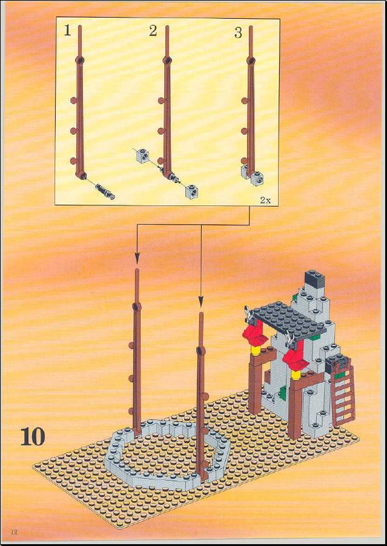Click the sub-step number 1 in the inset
point(67,32)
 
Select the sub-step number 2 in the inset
point(153,32)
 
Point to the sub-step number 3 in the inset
point(238,33)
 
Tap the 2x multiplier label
point(265,200)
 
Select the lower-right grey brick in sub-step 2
point(191,191)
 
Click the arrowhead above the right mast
point(201,302)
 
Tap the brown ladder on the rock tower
point(344,396)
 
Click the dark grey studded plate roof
point(288,321)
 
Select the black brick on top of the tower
point(314,279)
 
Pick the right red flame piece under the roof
point(295,358)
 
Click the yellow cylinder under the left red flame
point(256,349)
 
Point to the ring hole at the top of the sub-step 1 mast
point(80,60)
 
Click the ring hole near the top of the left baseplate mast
point(136,307)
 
